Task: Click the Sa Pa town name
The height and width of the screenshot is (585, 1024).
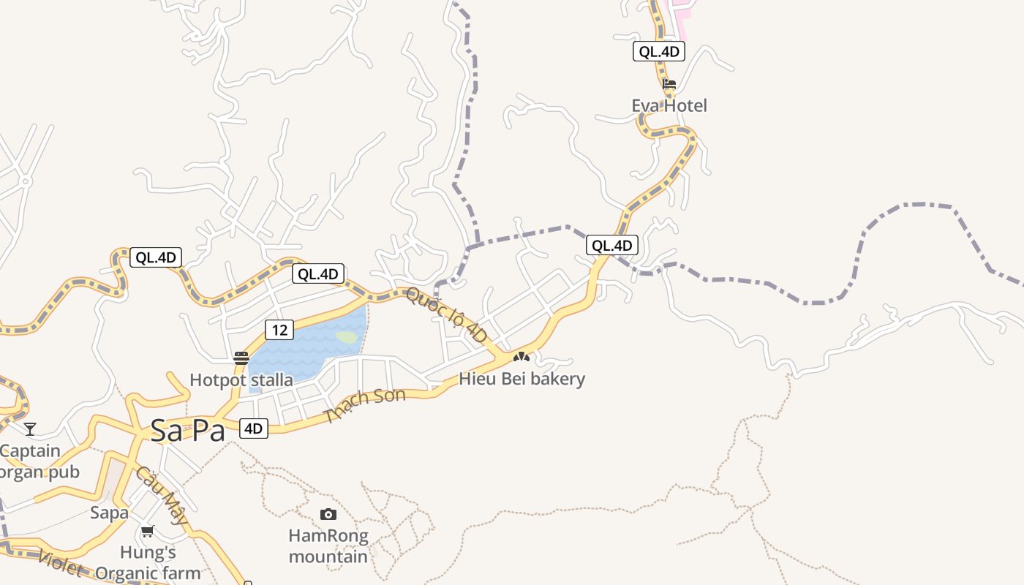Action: point(187,431)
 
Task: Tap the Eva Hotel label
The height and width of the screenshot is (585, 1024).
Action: point(669,106)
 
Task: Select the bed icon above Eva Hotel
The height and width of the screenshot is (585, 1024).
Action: point(669,84)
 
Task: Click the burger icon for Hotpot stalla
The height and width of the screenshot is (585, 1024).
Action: point(241,358)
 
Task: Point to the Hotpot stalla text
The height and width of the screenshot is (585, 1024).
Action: point(241,380)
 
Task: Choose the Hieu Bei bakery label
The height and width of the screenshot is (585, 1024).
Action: point(522,379)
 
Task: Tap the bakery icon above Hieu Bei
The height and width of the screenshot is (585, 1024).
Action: point(521,358)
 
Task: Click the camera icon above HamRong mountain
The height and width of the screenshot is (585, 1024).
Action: point(328,515)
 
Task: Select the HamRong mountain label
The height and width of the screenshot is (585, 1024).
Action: point(328,546)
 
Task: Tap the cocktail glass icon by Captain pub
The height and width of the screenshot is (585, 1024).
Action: point(30,429)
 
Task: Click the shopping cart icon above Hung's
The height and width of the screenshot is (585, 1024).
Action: point(148,532)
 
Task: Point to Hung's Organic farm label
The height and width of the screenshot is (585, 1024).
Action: point(148,562)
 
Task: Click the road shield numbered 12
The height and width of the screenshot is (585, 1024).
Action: point(279,330)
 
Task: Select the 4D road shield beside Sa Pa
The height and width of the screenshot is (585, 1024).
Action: point(253,429)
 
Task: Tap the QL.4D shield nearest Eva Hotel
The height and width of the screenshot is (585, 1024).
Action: point(659,51)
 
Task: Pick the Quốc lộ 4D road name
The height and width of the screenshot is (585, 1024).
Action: point(445,315)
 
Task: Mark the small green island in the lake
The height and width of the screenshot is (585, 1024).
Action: point(346,337)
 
